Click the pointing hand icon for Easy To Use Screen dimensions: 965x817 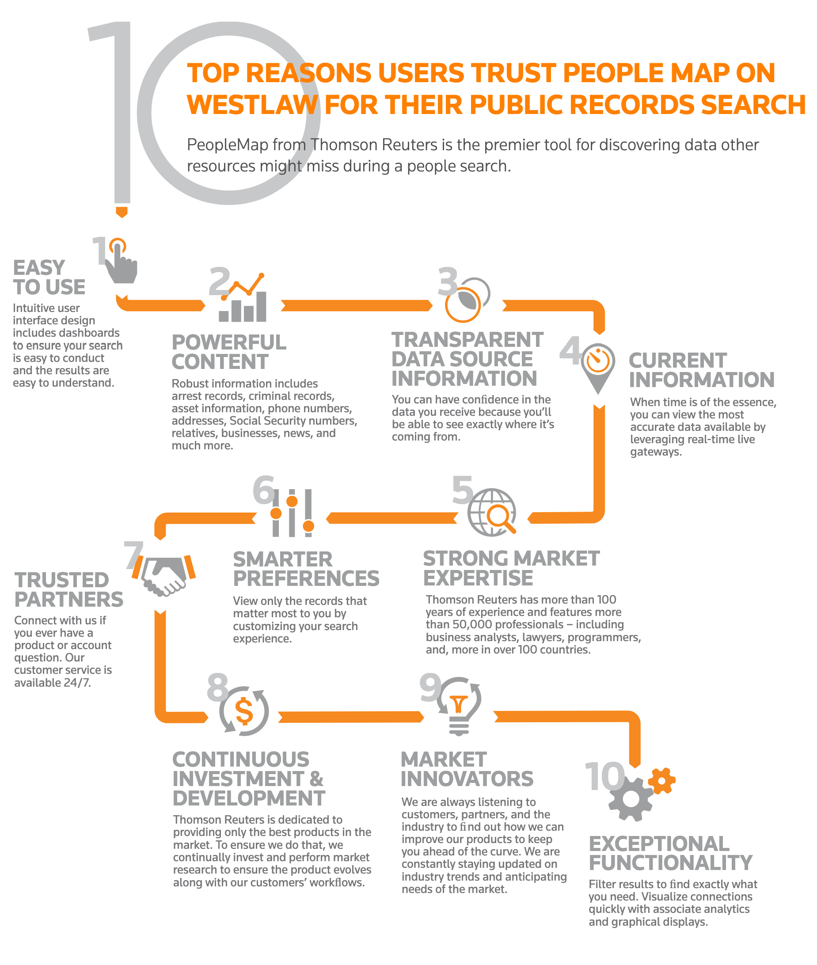(122, 264)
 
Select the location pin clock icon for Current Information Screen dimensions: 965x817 (598, 366)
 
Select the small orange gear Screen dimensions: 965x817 (661, 781)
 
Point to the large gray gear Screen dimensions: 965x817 (631, 799)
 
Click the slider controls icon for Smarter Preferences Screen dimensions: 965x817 (292, 513)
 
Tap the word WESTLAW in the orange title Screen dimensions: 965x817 (252, 105)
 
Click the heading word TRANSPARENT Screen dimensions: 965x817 (467, 340)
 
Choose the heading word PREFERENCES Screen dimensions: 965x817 (306, 578)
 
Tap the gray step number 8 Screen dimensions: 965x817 (218, 687)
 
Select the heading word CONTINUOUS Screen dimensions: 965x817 (241, 760)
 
